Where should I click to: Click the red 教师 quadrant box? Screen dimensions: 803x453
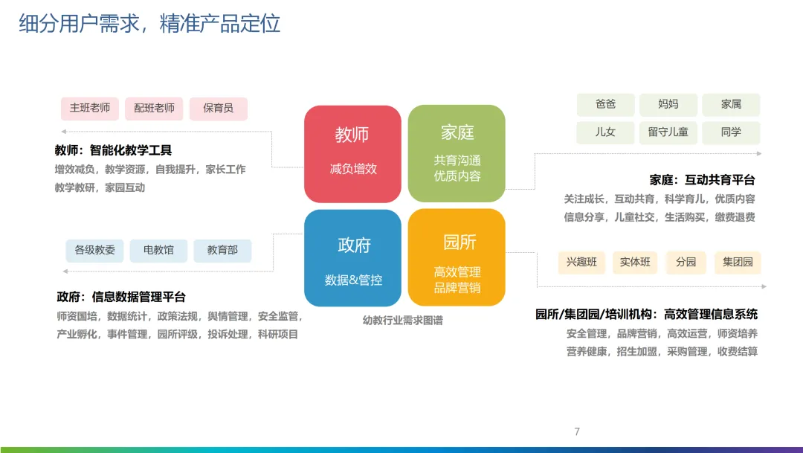pos(352,154)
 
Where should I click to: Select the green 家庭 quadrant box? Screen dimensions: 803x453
pos(457,154)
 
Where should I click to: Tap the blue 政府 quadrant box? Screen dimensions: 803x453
pos(352,258)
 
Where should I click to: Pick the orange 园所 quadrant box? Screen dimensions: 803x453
pos(457,258)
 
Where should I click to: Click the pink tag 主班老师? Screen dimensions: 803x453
pos(90,109)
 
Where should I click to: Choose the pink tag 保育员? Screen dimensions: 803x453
pos(218,109)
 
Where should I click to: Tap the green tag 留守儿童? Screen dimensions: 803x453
pos(668,132)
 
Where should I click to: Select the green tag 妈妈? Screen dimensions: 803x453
pos(668,104)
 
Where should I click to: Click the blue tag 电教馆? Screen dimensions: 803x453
pos(158,251)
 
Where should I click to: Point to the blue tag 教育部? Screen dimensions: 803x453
pos(222,251)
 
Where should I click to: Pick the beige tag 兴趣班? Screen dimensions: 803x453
pos(581,263)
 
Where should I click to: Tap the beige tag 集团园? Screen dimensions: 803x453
pos(738,263)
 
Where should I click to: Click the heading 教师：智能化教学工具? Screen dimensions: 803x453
pos(113,150)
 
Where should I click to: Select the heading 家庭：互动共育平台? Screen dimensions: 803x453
pos(702,180)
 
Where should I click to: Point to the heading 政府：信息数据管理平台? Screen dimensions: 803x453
pos(121,297)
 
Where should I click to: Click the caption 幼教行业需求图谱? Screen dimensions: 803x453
pos(402,321)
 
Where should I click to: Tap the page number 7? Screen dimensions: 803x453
pos(577,431)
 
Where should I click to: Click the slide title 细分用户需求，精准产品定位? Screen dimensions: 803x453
pos(149,23)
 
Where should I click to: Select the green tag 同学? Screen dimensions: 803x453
pos(731,132)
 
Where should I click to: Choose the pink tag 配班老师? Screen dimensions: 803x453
pos(154,109)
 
